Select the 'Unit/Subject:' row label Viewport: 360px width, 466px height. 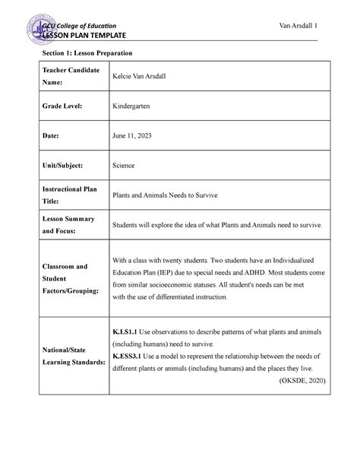[x=63, y=164]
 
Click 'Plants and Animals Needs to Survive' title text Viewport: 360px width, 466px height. [x=164, y=195]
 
